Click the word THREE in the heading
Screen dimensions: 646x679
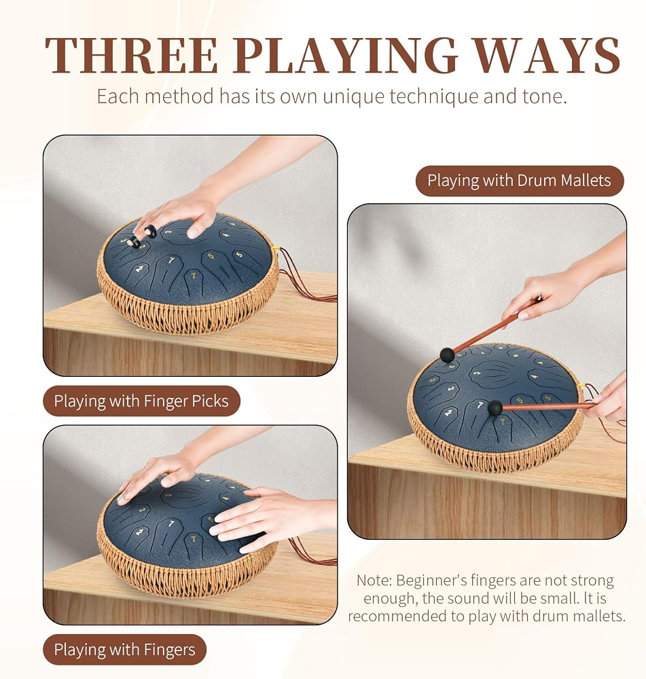coord(131,55)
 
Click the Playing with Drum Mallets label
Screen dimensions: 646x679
coord(520,181)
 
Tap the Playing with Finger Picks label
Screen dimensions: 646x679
coord(141,401)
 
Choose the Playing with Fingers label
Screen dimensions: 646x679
coord(125,650)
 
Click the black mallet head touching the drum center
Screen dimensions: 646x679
coord(495,408)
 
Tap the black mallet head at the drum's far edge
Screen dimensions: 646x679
coord(447,355)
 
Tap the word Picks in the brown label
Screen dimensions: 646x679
coord(210,401)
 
